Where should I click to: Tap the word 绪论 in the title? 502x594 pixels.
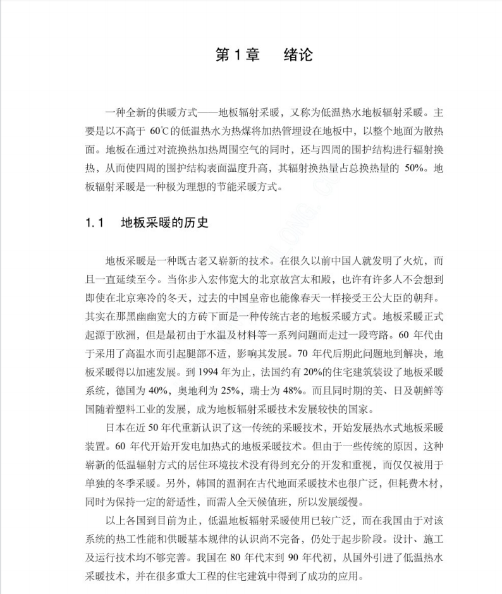[x=298, y=55]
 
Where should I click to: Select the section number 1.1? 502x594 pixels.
[x=94, y=223]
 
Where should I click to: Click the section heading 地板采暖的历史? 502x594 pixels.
[x=164, y=223]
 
